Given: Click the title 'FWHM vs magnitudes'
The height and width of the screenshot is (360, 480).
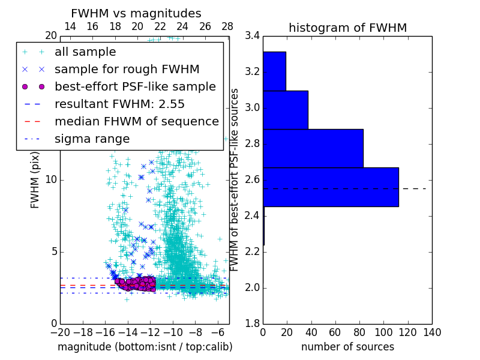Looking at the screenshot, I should point(136,14).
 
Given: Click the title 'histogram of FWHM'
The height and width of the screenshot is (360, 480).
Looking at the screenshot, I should point(347,28).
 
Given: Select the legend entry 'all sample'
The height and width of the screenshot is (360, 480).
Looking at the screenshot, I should point(85,52).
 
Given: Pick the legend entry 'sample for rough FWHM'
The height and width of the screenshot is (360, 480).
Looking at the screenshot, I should point(127,69).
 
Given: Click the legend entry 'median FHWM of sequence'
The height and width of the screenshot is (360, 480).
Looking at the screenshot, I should point(136,121).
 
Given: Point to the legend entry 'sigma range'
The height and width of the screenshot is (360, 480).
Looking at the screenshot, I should point(92,139).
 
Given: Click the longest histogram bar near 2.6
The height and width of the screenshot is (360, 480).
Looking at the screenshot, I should point(331,187).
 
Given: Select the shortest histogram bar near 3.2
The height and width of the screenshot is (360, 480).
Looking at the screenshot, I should point(274,71).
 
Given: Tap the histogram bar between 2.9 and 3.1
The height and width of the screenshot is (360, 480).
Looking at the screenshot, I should point(286,110).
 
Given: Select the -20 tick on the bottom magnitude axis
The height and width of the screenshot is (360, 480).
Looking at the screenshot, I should point(60,332).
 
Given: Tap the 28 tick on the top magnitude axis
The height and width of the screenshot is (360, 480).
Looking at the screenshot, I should point(227,27).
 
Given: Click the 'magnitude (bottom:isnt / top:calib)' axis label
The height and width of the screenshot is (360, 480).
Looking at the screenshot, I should point(145,347).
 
